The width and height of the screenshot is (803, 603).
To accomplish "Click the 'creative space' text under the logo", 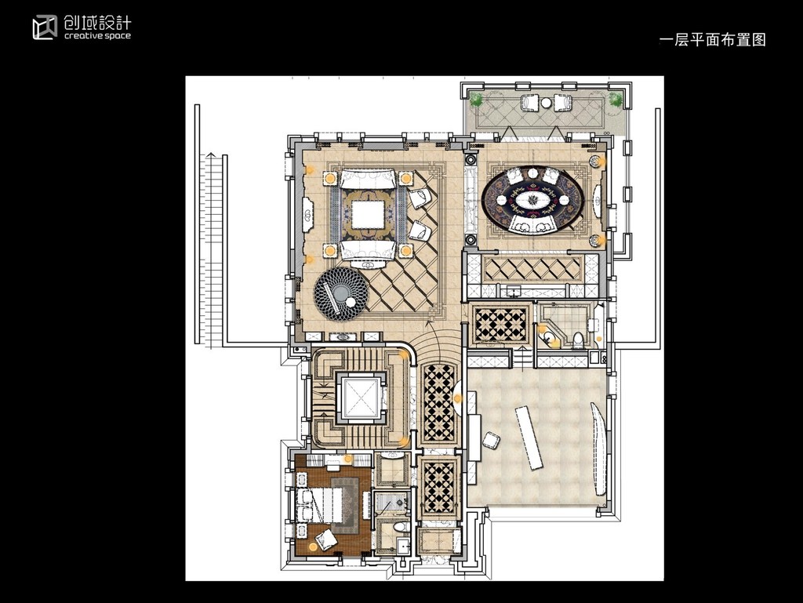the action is pyautogui.click(x=97, y=36).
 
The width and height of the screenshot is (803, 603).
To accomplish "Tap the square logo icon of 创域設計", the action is pyautogui.click(x=45, y=27).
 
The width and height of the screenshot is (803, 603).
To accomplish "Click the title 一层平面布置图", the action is pyautogui.click(x=712, y=39).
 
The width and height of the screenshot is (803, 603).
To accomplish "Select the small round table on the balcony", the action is pyautogui.click(x=546, y=103).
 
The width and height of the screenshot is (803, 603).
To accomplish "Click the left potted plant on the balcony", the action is pyautogui.click(x=476, y=100).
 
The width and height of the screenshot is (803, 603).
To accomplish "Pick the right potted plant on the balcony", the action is pyautogui.click(x=616, y=100).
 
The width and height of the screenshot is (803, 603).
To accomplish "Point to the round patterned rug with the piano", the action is pyautogui.click(x=341, y=294).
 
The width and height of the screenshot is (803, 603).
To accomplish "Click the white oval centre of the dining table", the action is pyautogui.click(x=532, y=199).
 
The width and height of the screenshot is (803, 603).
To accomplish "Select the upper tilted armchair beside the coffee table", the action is pyautogui.click(x=420, y=197).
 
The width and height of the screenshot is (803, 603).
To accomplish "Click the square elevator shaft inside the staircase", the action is pyautogui.click(x=361, y=398).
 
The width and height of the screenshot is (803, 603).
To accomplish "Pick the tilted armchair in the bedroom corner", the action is pyautogui.click(x=325, y=539).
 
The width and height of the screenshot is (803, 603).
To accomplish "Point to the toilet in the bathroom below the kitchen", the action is pyautogui.click(x=578, y=340).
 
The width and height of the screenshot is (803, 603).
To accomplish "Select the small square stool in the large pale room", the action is pyautogui.click(x=491, y=440).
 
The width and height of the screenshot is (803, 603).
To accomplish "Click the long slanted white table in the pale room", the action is pyautogui.click(x=529, y=437).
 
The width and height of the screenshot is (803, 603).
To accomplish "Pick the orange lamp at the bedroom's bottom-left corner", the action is pyautogui.click(x=314, y=547).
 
